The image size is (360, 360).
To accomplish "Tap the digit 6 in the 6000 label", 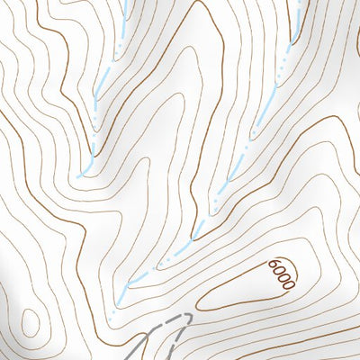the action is coord(273,265).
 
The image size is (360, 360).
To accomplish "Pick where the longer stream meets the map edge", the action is coord(297,0).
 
